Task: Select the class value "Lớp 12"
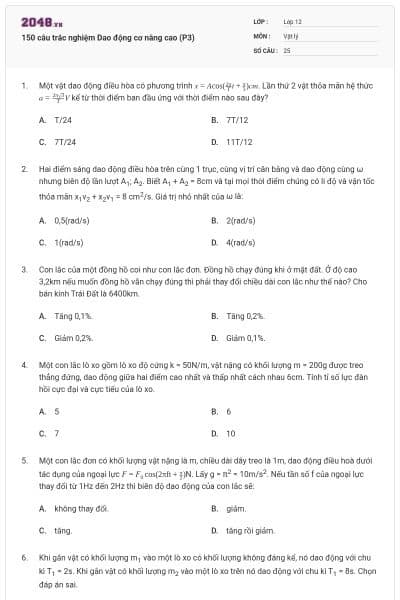tap(292, 20)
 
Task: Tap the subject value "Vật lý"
tap(291, 34)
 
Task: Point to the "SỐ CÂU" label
tap(264, 48)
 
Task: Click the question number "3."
tap(23, 269)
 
